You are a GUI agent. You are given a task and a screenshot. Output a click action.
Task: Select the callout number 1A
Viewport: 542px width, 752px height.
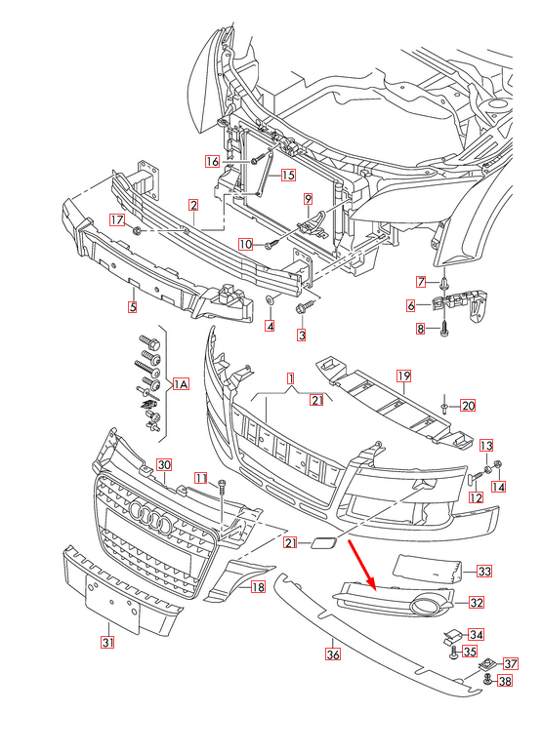point(181,384)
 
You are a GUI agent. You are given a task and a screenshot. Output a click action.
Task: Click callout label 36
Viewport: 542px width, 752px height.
point(333,655)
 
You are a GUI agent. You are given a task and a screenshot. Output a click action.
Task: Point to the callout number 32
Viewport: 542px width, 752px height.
point(477,603)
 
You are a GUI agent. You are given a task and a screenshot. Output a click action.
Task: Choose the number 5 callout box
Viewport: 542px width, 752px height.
point(133,307)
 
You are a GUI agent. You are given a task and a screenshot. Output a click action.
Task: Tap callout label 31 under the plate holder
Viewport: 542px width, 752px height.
point(107,642)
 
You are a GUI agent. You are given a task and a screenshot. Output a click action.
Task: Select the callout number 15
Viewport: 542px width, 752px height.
point(288,176)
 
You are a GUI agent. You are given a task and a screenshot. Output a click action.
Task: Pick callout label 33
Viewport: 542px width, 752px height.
point(484,570)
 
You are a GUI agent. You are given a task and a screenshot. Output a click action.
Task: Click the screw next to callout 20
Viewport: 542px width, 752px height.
point(444,405)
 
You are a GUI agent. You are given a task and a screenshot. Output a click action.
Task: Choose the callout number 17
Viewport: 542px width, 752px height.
point(115,219)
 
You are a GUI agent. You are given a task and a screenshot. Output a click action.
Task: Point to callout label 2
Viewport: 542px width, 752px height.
point(194,205)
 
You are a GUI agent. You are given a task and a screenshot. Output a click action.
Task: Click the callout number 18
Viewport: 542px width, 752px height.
point(258,587)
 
